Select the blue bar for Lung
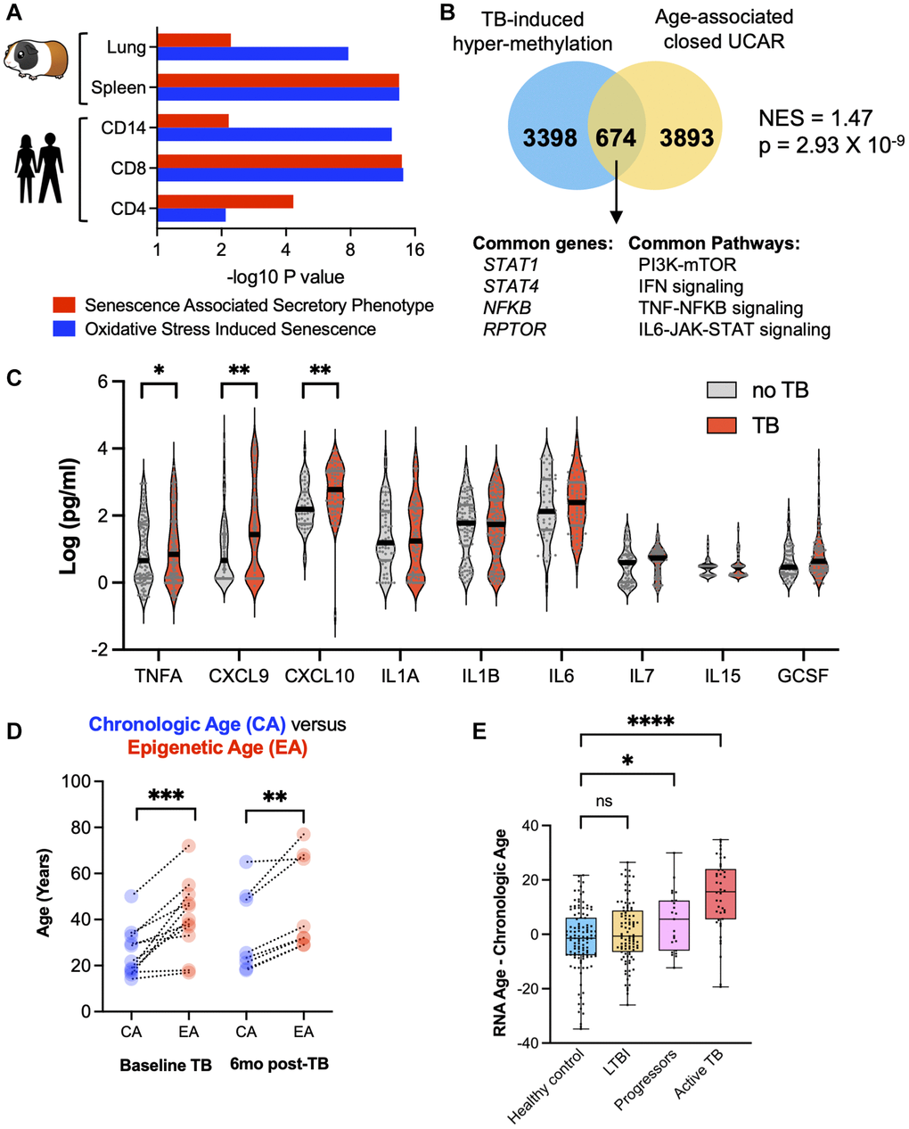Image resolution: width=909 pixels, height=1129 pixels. coord(253,54)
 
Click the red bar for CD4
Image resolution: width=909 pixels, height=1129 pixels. coord(225,202)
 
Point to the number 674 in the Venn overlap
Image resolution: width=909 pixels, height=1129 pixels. coord(616,138)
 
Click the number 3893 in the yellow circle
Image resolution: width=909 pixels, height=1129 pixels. coord(687,138)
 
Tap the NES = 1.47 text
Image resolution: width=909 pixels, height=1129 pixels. coord(815,118)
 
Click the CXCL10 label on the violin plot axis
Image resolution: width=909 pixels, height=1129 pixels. coord(319,675)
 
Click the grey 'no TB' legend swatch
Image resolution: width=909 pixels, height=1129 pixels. coord(722,390)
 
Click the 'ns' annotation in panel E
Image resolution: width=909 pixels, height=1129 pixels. coord(603,801)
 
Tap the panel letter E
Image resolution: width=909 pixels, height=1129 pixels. coord(480,732)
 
